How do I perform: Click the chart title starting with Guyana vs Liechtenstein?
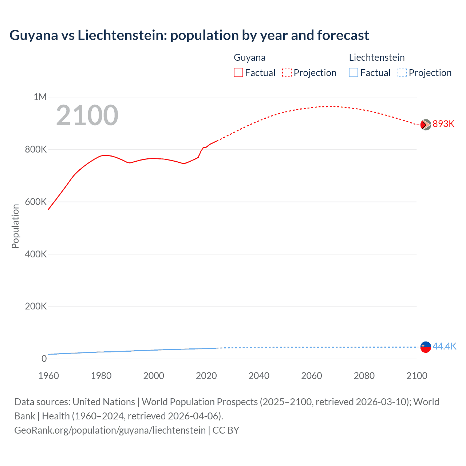[x=189, y=35]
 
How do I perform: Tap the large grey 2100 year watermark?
[x=87, y=115]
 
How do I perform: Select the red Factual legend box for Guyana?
[x=238, y=73]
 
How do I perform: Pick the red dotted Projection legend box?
[x=287, y=73]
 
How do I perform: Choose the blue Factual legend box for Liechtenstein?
[x=354, y=73]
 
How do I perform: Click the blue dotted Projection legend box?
[x=402, y=73]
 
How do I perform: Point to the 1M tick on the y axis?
[x=40, y=97]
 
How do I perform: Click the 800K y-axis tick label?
[x=36, y=149]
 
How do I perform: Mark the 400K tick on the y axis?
[x=36, y=254]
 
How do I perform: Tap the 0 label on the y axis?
[x=44, y=359]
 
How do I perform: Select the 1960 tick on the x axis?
[x=48, y=376]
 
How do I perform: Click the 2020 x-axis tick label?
[x=206, y=376]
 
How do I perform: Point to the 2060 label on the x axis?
[x=312, y=376]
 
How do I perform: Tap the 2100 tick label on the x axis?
[x=417, y=376]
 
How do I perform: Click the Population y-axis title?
[x=15, y=226]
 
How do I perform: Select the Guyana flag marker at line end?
[x=426, y=125]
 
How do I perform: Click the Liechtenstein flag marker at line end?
[x=426, y=347]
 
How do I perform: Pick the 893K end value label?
[x=443, y=124]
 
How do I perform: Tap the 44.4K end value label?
[x=444, y=346]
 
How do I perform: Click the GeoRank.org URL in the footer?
[x=110, y=430]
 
